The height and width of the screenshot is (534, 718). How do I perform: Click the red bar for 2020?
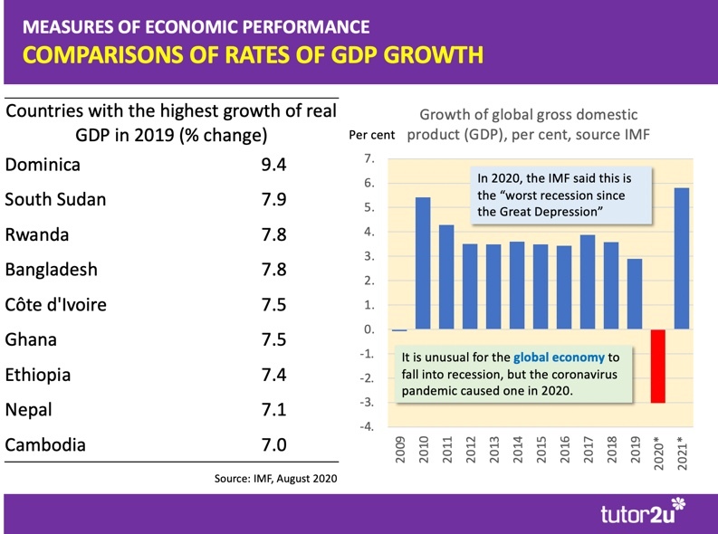(x=657, y=366)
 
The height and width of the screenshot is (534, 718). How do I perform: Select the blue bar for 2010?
(x=422, y=263)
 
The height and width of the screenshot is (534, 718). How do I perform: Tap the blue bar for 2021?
(x=681, y=259)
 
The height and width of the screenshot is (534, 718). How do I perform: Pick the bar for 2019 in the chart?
(x=634, y=294)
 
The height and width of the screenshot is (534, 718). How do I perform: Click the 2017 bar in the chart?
(x=587, y=282)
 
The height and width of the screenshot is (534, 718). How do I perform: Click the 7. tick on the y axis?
(x=369, y=159)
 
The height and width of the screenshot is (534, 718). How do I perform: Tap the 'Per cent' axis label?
(x=372, y=136)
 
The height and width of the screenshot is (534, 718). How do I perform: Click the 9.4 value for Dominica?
(x=274, y=165)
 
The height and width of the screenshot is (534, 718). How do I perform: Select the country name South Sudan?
(x=55, y=199)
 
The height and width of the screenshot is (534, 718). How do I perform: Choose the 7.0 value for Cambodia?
(x=274, y=444)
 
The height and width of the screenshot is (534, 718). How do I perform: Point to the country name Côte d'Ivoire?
(x=55, y=304)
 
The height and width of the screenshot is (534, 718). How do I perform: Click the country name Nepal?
(x=28, y=409)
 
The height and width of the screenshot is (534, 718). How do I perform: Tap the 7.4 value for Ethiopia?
(x=274, y=374)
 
